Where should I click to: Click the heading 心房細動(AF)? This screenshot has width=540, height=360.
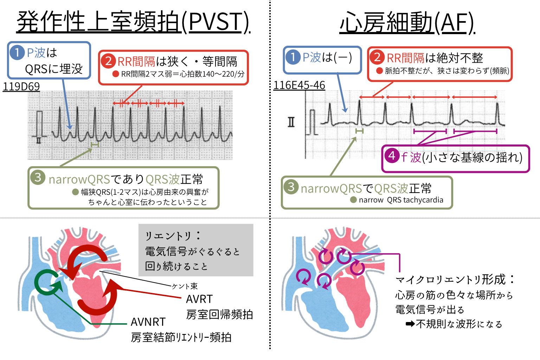(407, 22)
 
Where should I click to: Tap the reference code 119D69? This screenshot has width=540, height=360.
(21, 86)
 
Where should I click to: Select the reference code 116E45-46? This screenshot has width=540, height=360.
(299, 85)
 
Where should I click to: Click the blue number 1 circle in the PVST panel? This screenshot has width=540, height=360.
(17, 53)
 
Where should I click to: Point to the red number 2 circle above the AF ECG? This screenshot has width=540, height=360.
(377, 57)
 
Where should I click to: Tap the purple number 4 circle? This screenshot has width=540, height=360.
(392, 156)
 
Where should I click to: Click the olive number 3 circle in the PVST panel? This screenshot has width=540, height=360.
(38, 178)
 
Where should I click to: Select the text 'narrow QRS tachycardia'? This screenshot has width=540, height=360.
(401, 200)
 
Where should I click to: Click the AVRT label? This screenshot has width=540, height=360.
(199, 299)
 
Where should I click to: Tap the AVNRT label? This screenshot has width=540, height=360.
(148, 322)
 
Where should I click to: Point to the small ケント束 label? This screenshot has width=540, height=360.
(185, 286)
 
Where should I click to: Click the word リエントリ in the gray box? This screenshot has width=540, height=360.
(168, 236)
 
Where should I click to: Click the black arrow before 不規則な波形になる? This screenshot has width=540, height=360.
(410, 324)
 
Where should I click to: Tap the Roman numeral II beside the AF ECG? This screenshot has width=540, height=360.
(291, 122)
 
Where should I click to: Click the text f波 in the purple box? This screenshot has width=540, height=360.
(411, 157)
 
